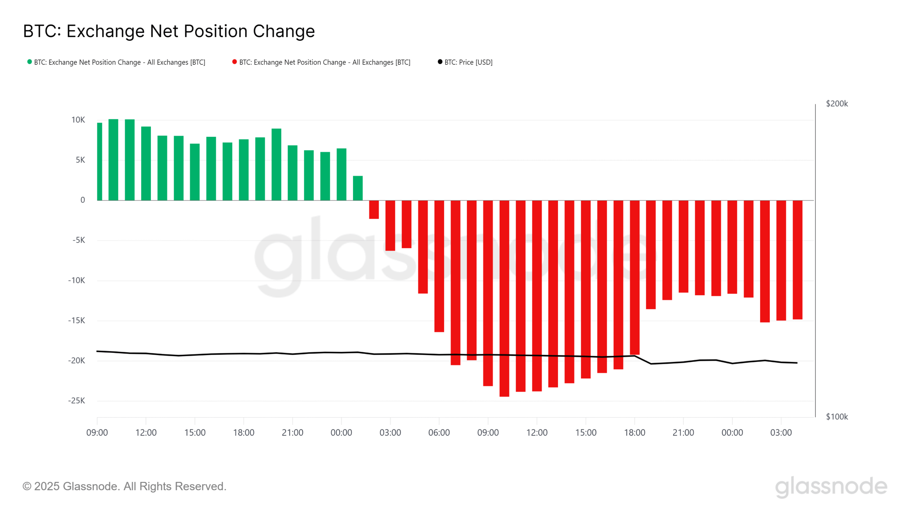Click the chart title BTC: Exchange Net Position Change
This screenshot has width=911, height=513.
coord(169,31)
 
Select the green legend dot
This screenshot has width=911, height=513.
coord(30,62)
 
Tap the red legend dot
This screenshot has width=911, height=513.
coord(235,62)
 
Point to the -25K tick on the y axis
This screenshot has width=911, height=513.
coord(77,401)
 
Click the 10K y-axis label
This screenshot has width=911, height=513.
coord(78,120)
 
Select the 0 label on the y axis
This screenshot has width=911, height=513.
coord(83,200)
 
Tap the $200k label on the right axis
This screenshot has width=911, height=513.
coord(837,104)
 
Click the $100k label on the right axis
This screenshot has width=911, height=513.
coord(837,417)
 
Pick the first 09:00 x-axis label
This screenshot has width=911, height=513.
coord(97,433)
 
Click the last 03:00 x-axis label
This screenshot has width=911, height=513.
coord(781,433)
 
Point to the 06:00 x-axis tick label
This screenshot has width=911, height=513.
coord(439,433)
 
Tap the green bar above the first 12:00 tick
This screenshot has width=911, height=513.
coord(146,164)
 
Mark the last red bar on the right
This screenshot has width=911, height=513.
coord(797,260)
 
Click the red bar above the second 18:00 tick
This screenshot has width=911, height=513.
coord(634,278)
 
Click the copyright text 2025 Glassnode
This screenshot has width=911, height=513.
coord(124,486)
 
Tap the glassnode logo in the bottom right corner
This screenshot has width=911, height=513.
coord(831,487)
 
